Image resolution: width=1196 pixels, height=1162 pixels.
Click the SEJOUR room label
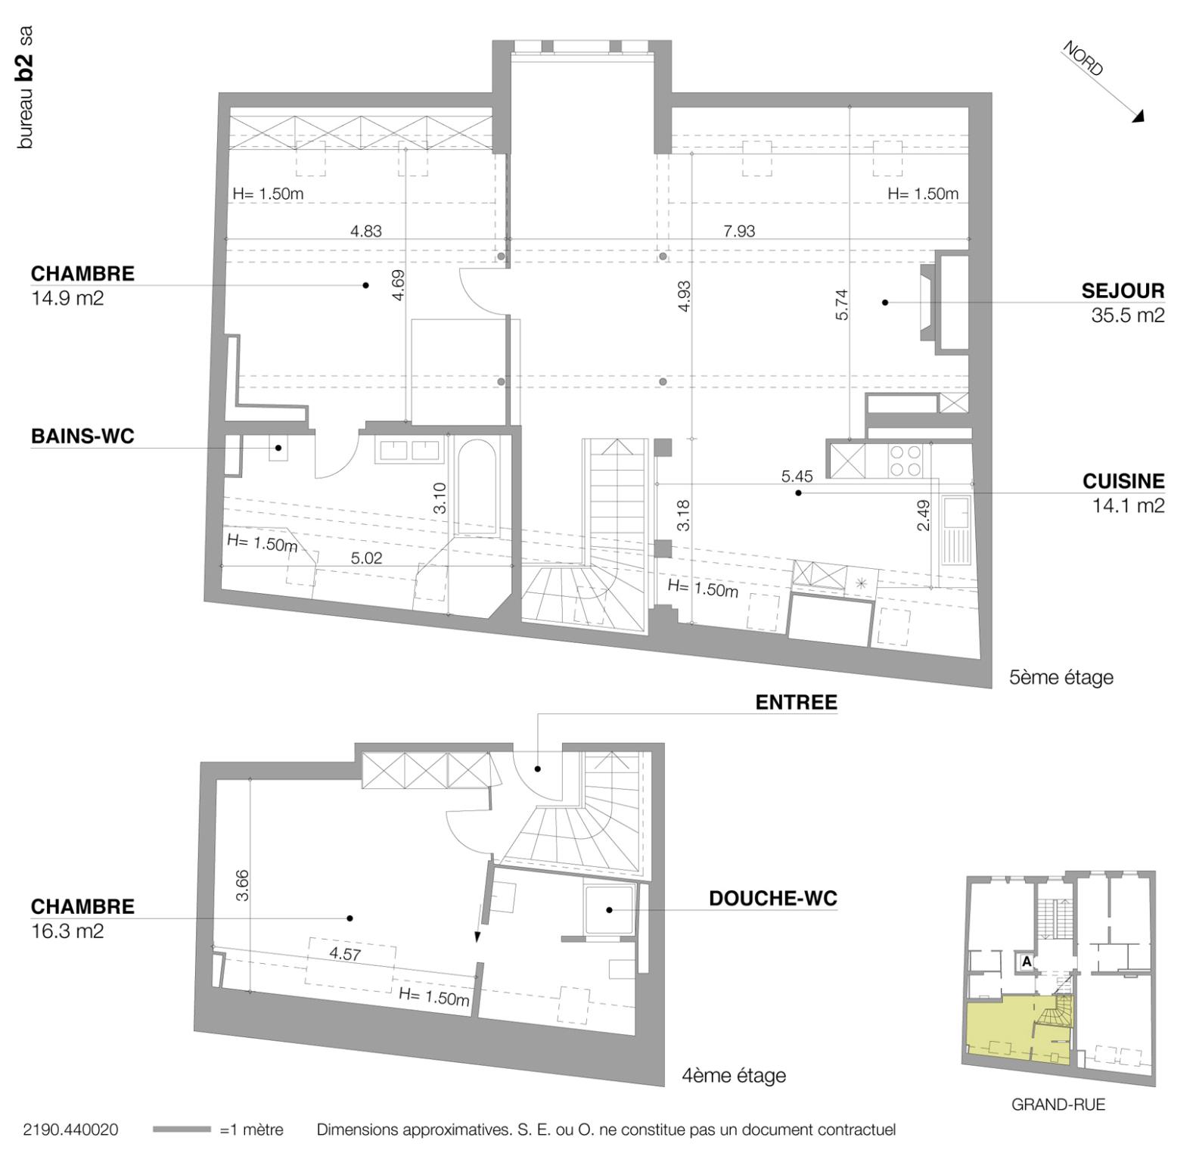pos(1122,291)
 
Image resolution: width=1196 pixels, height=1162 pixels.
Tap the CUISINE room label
pos(1123,481)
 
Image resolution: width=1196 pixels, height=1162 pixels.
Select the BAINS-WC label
pos(82,437)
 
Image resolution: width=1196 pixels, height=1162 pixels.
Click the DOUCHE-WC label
pos(772,899)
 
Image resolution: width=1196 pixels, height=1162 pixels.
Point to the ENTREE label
pos(796,703)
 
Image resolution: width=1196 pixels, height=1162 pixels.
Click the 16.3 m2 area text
pos(67,931)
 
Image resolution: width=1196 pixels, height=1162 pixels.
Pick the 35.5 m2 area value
pos(1127,316)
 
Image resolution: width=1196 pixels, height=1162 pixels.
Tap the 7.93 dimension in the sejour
pos(738,231)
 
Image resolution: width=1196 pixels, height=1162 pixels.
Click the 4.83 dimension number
pos(365,231)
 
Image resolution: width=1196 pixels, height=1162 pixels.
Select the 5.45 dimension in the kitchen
pos(797,477)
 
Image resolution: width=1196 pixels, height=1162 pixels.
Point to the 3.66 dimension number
pos(242,884)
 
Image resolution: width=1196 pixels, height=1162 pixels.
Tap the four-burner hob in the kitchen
pos(905,460)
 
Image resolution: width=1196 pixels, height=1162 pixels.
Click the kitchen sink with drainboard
pos(956,530)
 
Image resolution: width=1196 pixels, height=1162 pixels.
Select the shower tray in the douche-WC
pos(608,910)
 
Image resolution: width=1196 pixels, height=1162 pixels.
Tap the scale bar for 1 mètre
pos(182,1129)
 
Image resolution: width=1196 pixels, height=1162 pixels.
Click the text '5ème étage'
pos(1061,677)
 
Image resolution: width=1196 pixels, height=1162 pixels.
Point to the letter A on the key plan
pos(1026,962)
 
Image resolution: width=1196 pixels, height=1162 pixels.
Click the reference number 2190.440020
pos(70,1129)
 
